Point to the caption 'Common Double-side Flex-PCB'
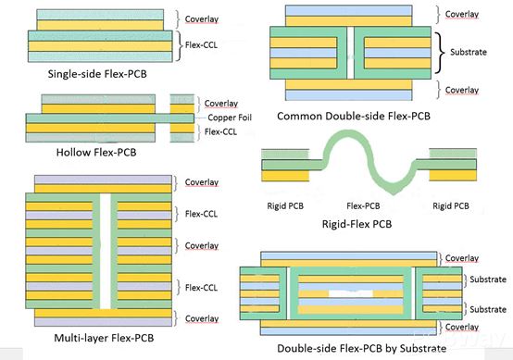(354, 117)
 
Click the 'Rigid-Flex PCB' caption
(364, 223)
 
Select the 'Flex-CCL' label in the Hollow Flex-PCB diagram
(218, 132)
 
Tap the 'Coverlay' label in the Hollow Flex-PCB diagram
(219, 104)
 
